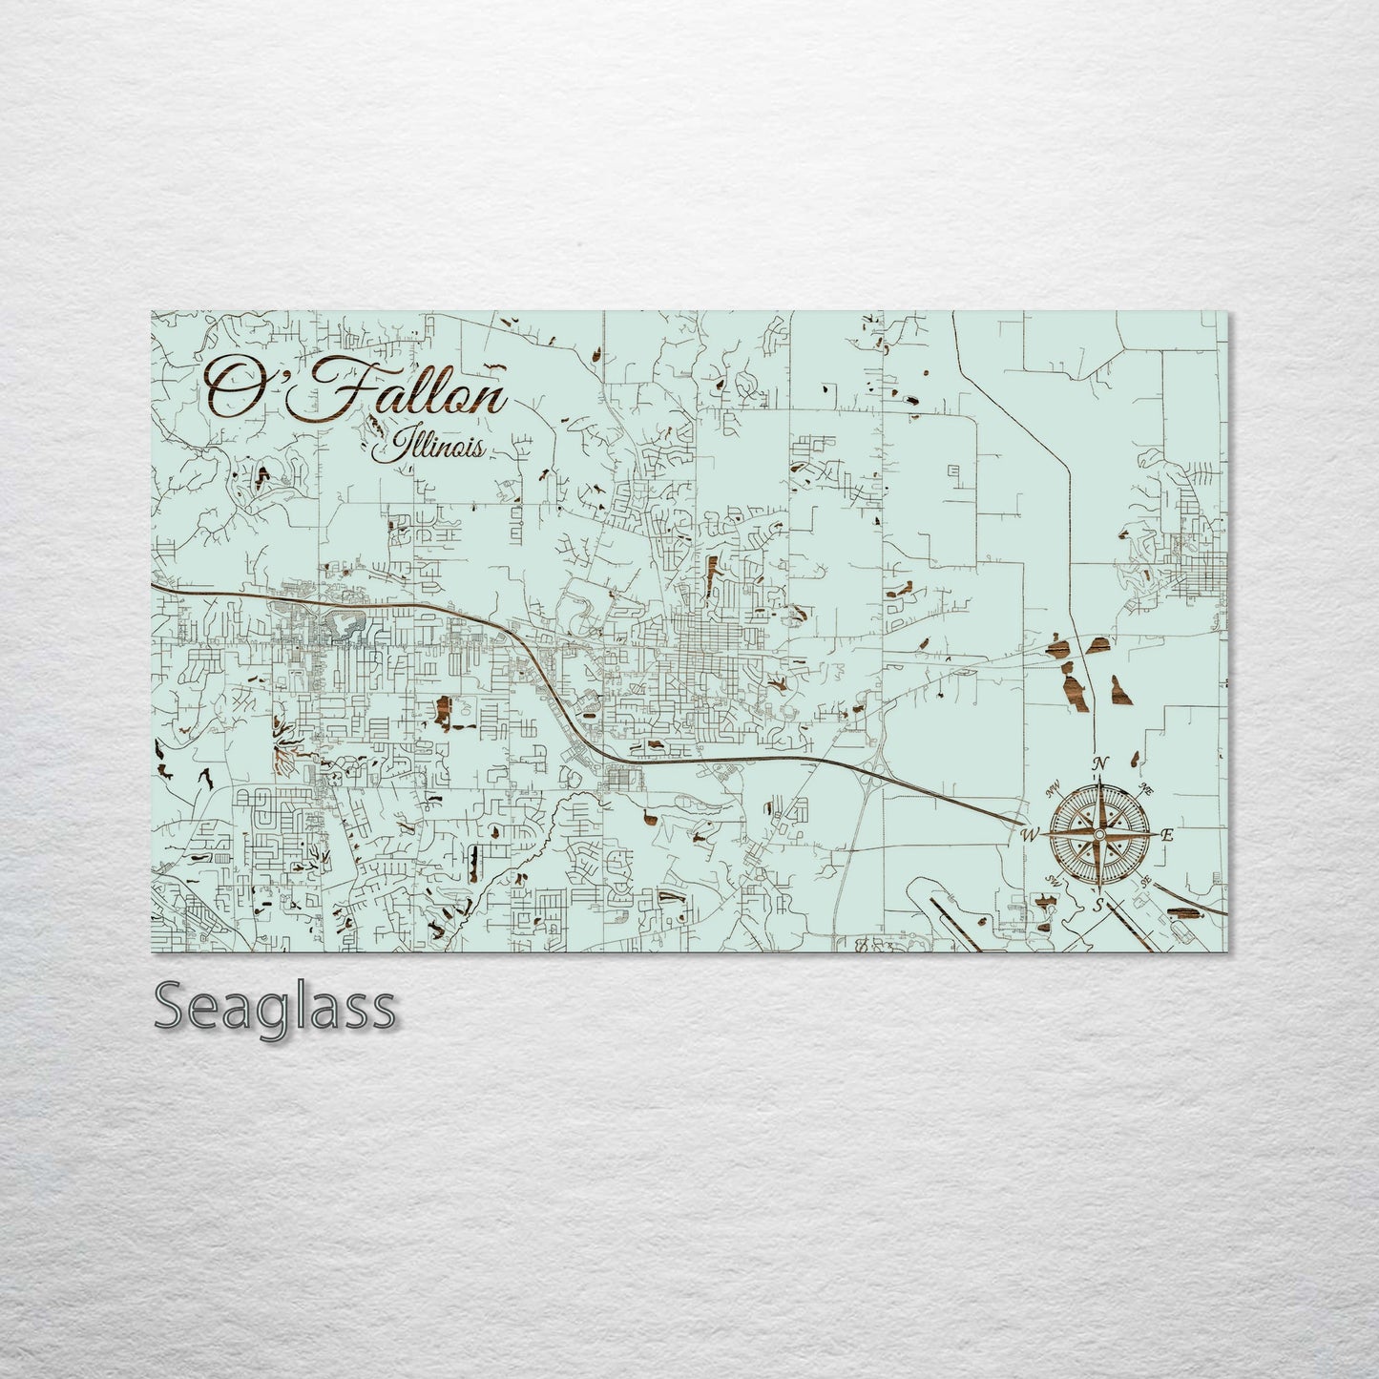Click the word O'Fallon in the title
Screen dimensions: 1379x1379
tap(356, 388)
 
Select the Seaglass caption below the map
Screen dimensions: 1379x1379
tap(274, 1005)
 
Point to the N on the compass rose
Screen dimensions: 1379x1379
tap(1100, 763)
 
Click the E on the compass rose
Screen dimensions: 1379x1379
tap(1166, 835)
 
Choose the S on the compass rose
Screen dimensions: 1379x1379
tap(1099, 904)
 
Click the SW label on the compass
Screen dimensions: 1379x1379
tap(1055, 880)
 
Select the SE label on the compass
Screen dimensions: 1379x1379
tap(1146, 880)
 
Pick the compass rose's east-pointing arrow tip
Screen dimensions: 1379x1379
tap(1155, 835)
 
